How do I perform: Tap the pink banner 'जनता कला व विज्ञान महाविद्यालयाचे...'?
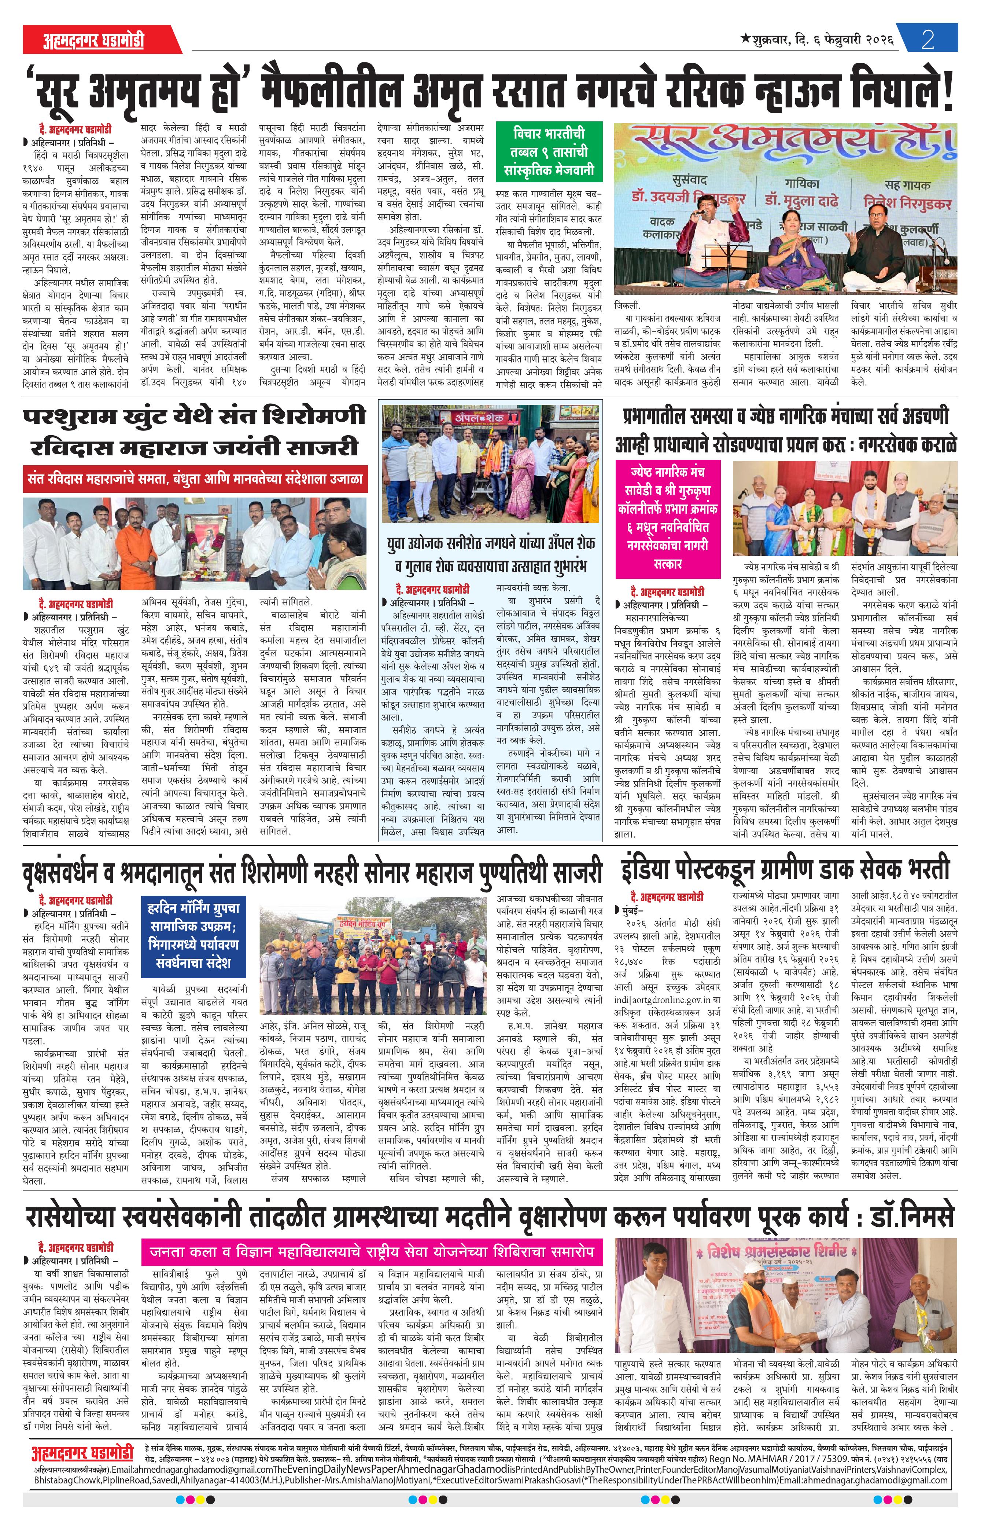coord(371,1251)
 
